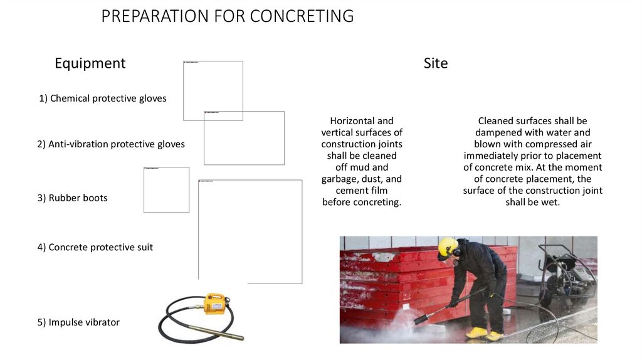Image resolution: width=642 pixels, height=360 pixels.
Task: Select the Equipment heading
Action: pyautogui.click(x=90, y=63)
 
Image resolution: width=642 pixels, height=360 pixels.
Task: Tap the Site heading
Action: pyautogui.click(x=436, y=63)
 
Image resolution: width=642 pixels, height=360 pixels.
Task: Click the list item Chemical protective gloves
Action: pyautogui.click(x=103, y=98)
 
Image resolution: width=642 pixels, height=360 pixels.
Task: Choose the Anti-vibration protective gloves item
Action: pyautogui.click(x=111, y=144)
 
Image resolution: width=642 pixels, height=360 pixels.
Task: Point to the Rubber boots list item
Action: pyautogui.click(x=72, y=198)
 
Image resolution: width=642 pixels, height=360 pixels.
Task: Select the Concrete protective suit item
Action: pyautogui.click(x=95, y=247)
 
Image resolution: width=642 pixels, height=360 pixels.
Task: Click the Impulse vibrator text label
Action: pyautogui.click(x=78, y=322)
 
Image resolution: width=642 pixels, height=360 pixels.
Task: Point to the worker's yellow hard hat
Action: pyautogui.click(x=447, y=247)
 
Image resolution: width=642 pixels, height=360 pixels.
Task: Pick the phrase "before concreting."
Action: pyautogui.click(x=361, y=202)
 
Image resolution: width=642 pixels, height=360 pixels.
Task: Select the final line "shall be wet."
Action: pyautogui.click(x=532, y=202)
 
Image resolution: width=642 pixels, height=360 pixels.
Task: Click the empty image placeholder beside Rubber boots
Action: pyautogui.click(x=166, y=190)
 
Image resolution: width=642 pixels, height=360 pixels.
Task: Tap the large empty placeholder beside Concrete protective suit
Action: pyautogui.click(x=250, y=231)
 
